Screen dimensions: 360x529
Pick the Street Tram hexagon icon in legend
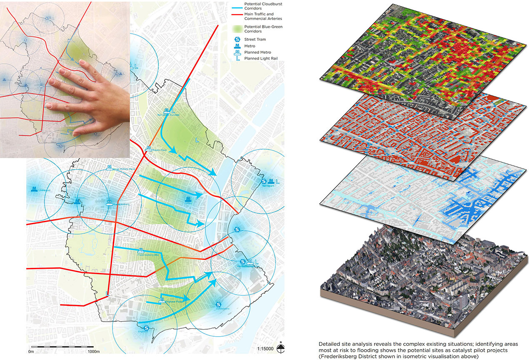point(236,39)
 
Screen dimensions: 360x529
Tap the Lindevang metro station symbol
point(34,189)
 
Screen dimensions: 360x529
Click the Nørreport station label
point(269,186)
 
